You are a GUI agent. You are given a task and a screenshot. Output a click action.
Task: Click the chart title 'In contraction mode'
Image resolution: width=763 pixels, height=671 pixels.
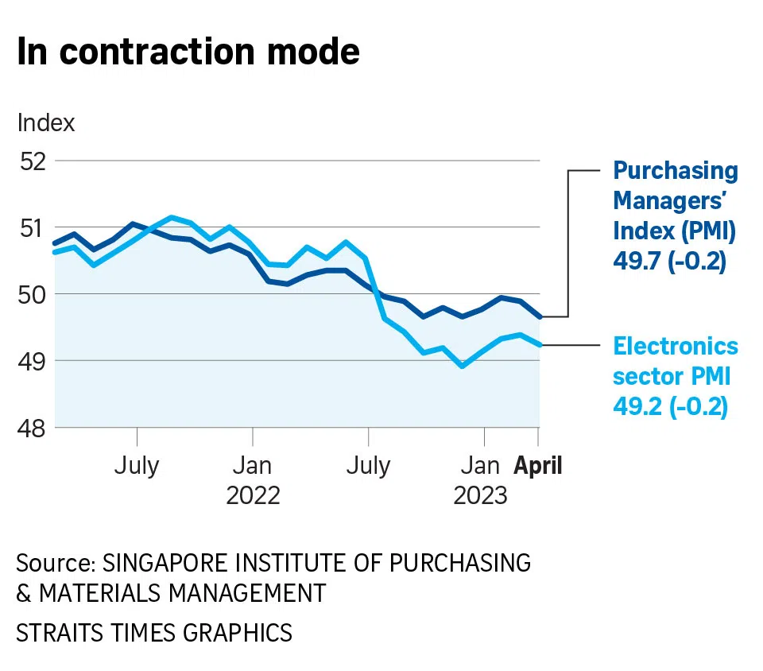[x=188, y=52]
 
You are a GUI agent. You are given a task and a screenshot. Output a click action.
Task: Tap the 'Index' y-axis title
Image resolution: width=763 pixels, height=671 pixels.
[x=45, y=123]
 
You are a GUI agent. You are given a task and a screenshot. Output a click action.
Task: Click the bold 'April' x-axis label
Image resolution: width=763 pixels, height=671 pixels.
[x=538, y=465]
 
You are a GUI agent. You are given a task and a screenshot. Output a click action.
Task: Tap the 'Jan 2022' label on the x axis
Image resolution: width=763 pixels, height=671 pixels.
[x=253, y=479]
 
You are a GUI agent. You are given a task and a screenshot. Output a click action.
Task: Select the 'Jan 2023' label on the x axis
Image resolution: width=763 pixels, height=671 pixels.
[x=480, y=479]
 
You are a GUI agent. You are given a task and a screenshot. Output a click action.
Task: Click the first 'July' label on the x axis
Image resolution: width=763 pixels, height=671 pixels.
[x=137, y=465]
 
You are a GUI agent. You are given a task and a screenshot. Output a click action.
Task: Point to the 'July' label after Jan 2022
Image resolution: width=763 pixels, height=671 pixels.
[x=368, y=465]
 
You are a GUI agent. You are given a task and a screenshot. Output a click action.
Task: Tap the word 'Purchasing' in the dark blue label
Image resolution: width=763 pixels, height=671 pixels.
[x=676, y=171]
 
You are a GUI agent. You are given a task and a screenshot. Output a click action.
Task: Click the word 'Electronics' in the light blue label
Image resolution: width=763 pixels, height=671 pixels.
[x=676, y=347]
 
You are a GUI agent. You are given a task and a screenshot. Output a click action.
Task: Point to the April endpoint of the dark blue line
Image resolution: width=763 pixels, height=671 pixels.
[x=540, y=317]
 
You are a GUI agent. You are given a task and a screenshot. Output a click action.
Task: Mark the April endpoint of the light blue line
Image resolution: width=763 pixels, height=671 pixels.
[x=540, y=344]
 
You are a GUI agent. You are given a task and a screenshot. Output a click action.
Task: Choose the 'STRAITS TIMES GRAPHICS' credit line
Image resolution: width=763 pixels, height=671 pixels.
[x=154, y=633]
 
